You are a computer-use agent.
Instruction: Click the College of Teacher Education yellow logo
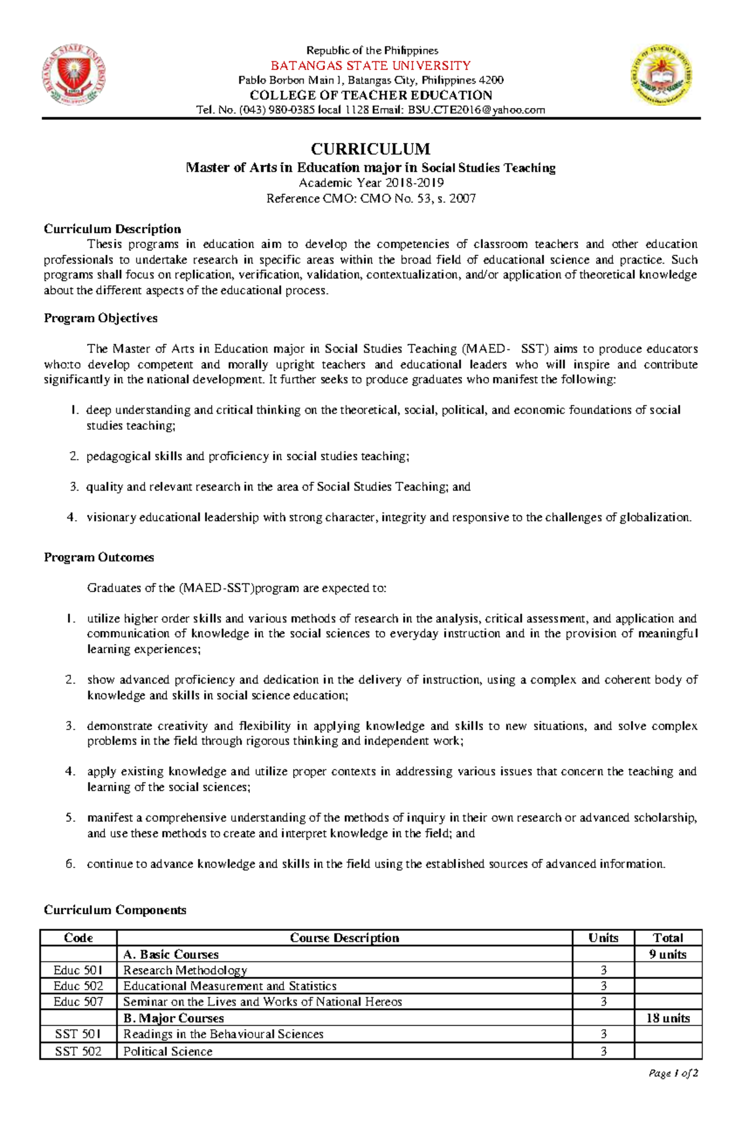[661, 75]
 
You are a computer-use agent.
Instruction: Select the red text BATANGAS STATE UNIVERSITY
[371, 66]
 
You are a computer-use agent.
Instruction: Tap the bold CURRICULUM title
[370, 149]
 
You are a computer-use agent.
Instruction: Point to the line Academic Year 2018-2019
[371, 183]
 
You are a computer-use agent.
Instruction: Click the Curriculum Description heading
[112, 229]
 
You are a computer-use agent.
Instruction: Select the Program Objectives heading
[100, 318]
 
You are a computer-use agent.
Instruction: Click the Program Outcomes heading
[98, 557]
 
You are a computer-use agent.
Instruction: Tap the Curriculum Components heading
[114, 910]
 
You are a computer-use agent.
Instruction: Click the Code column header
[79, 938]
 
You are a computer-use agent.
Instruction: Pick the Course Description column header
[344, 938]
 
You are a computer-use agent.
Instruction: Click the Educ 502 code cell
[79, 986]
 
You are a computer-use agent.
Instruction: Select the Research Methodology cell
[185, 970]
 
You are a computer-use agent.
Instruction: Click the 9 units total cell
[668, 954]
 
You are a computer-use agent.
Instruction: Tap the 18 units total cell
[668, 1018]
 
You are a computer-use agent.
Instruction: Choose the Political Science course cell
[168, 1051]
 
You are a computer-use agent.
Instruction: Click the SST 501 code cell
[79, 1034]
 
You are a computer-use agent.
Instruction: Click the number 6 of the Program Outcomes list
[70, 864]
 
